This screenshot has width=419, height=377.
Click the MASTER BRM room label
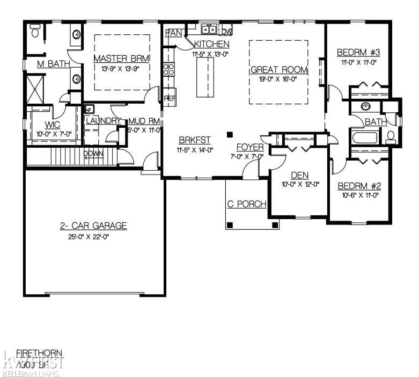[121, 58]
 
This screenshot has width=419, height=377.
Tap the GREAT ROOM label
[279, 70]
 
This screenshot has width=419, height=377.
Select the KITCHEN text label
[212, 44]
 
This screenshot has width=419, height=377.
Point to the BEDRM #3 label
[358, 53]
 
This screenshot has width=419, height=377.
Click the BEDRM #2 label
[359, 186]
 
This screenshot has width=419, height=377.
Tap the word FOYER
[250, 147]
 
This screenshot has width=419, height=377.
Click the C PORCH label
[247, 204]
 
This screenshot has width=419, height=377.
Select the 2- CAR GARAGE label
[93, 226]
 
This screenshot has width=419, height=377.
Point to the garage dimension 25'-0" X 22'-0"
[93, 237]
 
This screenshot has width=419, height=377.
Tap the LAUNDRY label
[103, 121]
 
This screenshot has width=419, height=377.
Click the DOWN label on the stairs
[93, 154]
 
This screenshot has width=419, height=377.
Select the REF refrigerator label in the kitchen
[170, 98]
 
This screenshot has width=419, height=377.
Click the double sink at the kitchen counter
[209, 29]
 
